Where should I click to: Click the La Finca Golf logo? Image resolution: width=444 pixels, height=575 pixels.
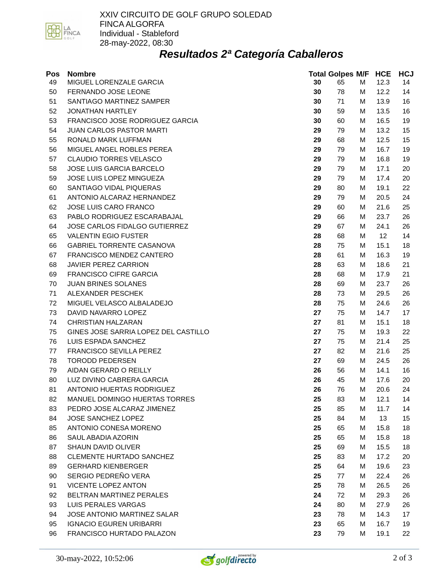click(x=63, y=31)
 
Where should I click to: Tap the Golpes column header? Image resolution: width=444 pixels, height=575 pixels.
click(x=341, y=74)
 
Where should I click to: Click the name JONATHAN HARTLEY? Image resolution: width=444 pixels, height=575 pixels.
click(x=102, y=111)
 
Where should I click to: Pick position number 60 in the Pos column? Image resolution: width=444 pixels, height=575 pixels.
click(x=53, y=188)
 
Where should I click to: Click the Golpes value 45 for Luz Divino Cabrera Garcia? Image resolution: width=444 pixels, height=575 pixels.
click(x=341, y=380)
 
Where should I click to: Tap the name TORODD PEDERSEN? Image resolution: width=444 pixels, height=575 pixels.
click(x=102, y=361)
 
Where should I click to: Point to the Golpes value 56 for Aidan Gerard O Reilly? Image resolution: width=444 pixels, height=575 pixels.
click(x=341, y=370)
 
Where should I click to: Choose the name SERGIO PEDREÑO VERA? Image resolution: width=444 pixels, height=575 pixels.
click(x=109, y=476)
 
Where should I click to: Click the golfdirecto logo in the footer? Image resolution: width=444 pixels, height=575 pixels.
click(x=228, y=559)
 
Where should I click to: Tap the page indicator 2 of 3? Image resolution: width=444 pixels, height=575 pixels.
click(x=402, y=558)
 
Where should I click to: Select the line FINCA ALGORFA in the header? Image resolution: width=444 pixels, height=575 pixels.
click(x=132, y=24)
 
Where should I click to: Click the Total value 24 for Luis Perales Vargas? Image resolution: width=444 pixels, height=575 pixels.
click(x=317, y=504)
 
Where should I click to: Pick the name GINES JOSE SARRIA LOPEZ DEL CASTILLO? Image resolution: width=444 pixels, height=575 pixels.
click(x=138, y=332)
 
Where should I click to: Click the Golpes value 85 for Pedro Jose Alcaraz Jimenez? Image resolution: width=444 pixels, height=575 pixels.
click(x=341, y=409)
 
